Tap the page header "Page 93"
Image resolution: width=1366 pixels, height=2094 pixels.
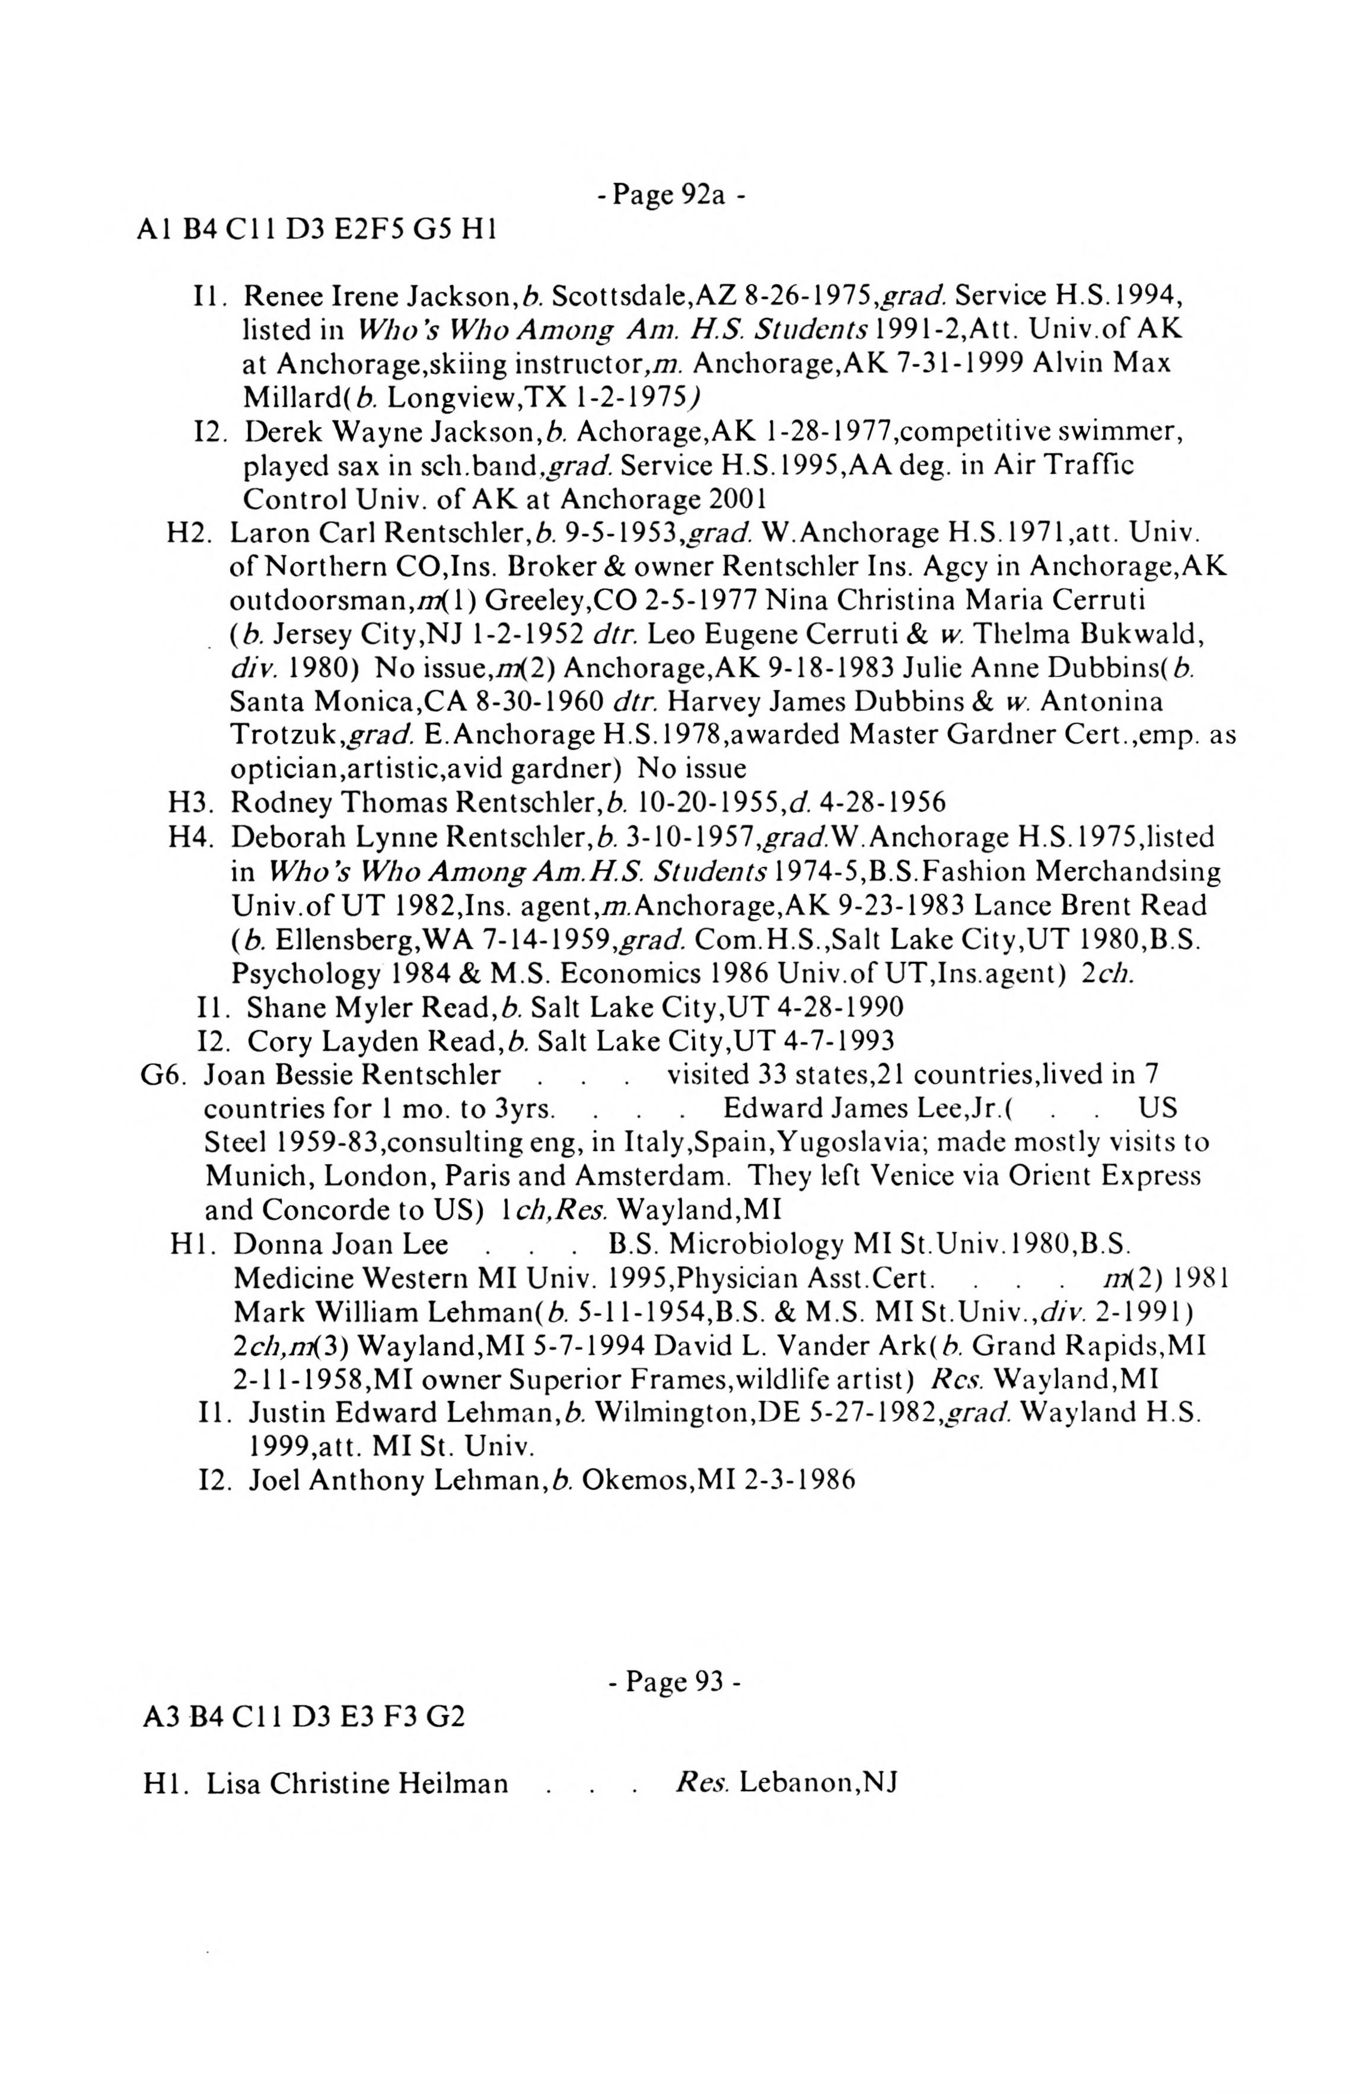[x=674, y=1682]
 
